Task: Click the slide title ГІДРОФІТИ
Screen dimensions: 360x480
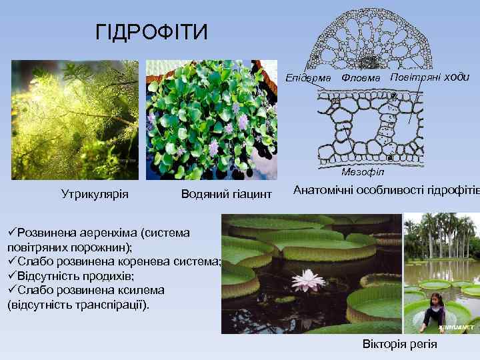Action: pos(152,32)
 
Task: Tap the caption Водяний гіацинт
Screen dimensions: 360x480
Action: pos(227,194)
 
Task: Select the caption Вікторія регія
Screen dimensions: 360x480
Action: pos(400,344)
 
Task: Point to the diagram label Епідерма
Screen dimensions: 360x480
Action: pos(308,79)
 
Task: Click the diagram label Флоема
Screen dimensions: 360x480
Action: pos(361,78)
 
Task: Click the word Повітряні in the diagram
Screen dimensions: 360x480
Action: pos(413,77)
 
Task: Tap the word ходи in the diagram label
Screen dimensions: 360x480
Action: pos(456,77)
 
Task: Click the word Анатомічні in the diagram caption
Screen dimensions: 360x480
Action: pos(325,189)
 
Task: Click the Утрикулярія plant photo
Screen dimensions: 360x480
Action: pos(75,120)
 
